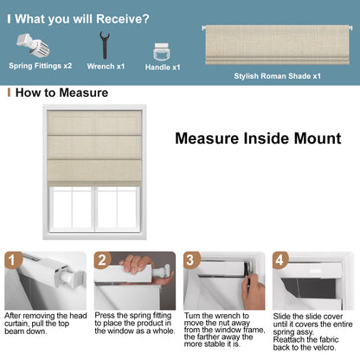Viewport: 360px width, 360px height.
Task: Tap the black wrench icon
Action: coord(105,43)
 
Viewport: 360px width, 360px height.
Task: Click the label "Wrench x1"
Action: coord(106,67)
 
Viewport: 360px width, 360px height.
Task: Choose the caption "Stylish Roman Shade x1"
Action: coord(277,76)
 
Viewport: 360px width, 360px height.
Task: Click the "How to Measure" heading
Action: coord(61,93)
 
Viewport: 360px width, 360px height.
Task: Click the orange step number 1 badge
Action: coord(12,260)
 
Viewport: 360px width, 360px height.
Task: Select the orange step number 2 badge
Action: coord(102,260)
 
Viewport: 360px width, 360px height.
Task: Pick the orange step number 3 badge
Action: coord(191,260)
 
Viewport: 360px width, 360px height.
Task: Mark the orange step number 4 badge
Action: coord(280,260)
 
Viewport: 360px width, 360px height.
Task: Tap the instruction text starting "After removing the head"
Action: coord(45,323)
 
